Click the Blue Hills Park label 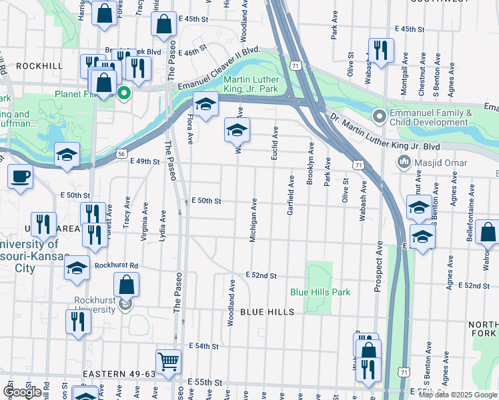tap(320, 292)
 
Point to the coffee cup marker tap(19, 177)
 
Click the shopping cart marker tap(169, 361)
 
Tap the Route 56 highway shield tap(121, 153)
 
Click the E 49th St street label tap(145, 161)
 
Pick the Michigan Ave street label tap(254, 220)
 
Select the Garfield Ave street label tap(291, 195)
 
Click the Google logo tap(22, 392)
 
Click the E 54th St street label tap(203, 346)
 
